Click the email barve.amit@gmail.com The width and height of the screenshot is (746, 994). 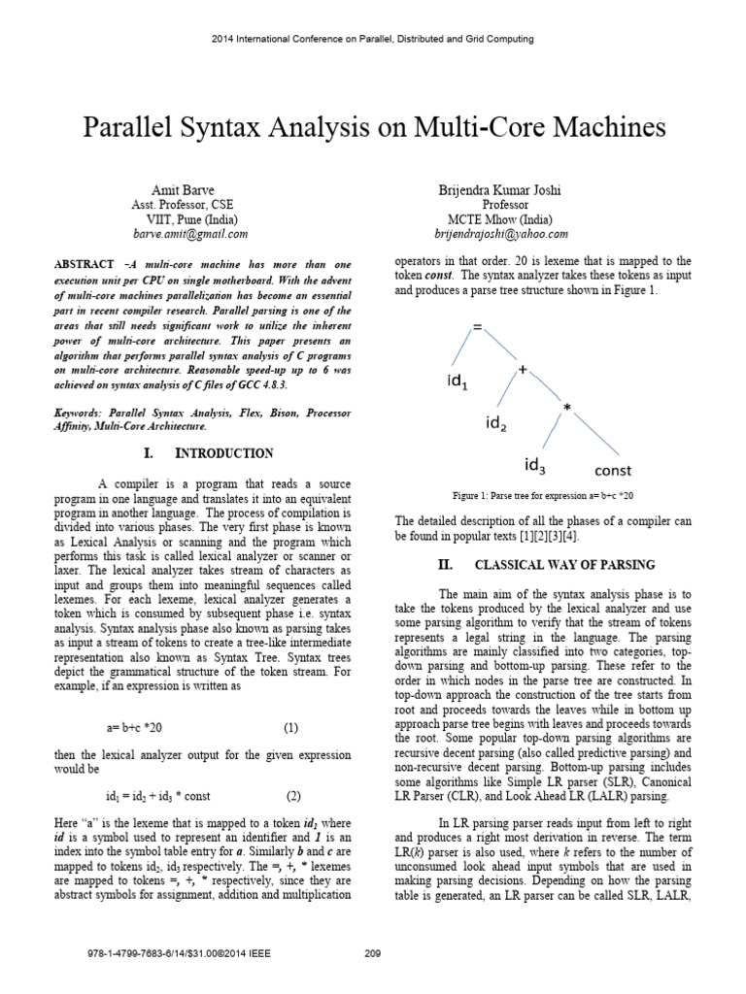[x=189, y=234]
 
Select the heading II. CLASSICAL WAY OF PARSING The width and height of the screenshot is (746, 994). [x=547, y=564]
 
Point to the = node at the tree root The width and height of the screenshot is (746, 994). [x=477, y=328]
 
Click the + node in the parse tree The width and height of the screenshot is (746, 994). [x=522, y=370]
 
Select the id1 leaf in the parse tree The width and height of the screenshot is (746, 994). [x=457, y=382]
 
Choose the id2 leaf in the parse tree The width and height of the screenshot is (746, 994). [x=496, y=423]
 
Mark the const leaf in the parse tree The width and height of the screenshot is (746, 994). [x=613, y=471]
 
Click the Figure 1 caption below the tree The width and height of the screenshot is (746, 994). [x=549, y=495]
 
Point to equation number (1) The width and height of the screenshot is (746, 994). [x=291, y=727]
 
